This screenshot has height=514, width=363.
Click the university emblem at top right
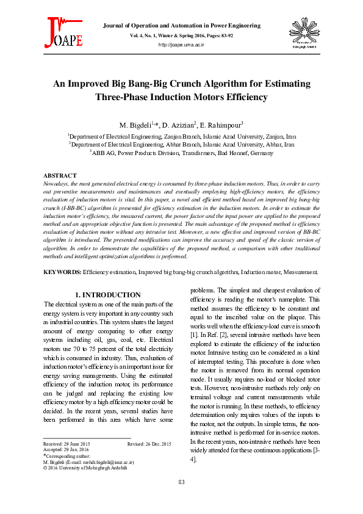(299, 34)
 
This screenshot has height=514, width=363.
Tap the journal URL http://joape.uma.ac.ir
(181, 45)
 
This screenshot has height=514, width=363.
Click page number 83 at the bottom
(181, 483)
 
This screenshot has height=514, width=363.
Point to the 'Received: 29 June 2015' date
(66, 443)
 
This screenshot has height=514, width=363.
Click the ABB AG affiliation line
(181, 154)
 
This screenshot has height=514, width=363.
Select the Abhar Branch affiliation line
(181, 145)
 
